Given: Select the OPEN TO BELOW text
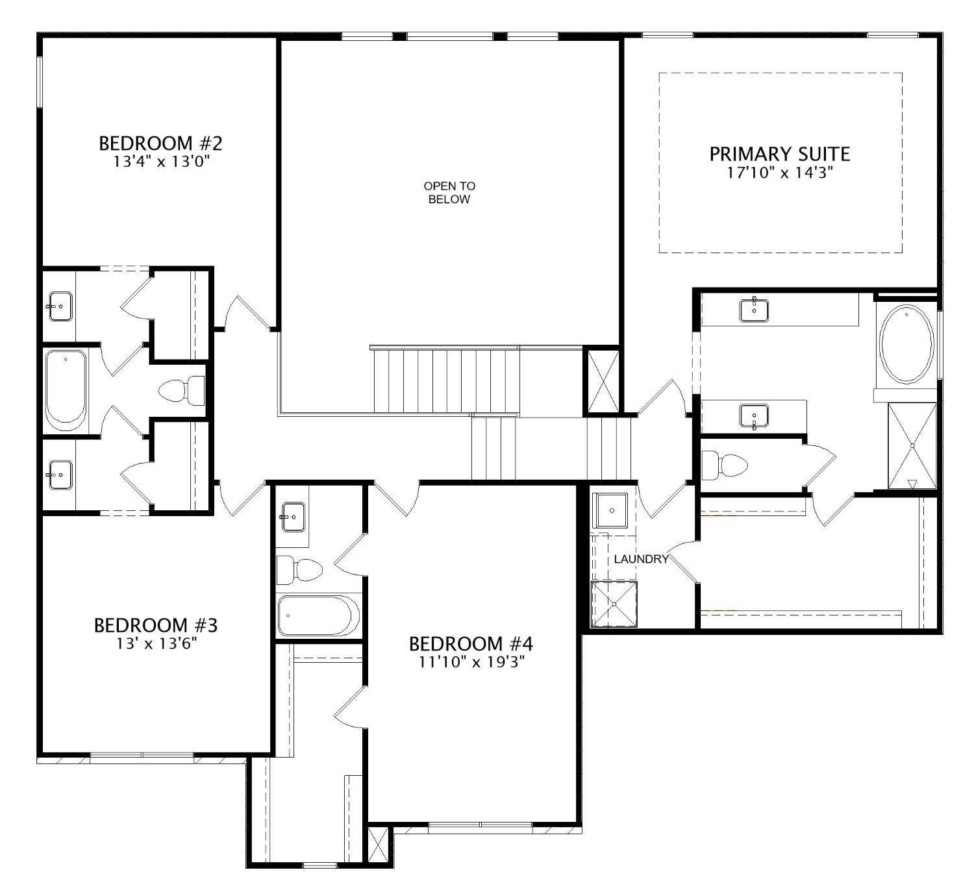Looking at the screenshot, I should click(449, 193).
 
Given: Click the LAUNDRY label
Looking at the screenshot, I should click(641, 559).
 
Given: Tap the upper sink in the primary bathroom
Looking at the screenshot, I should click(754, 310).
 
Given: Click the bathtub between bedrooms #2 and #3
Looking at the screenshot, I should click(66, 390).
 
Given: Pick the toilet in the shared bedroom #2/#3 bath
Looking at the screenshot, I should click(181, 390).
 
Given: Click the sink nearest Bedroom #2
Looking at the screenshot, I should click(60, 306).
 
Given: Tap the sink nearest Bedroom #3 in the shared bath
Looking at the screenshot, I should click(60, 475).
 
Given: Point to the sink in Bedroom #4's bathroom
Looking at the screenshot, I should click(293, 517).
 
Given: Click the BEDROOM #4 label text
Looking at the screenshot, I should click(471, 643).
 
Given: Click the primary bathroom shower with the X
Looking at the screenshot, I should click(912, 445).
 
